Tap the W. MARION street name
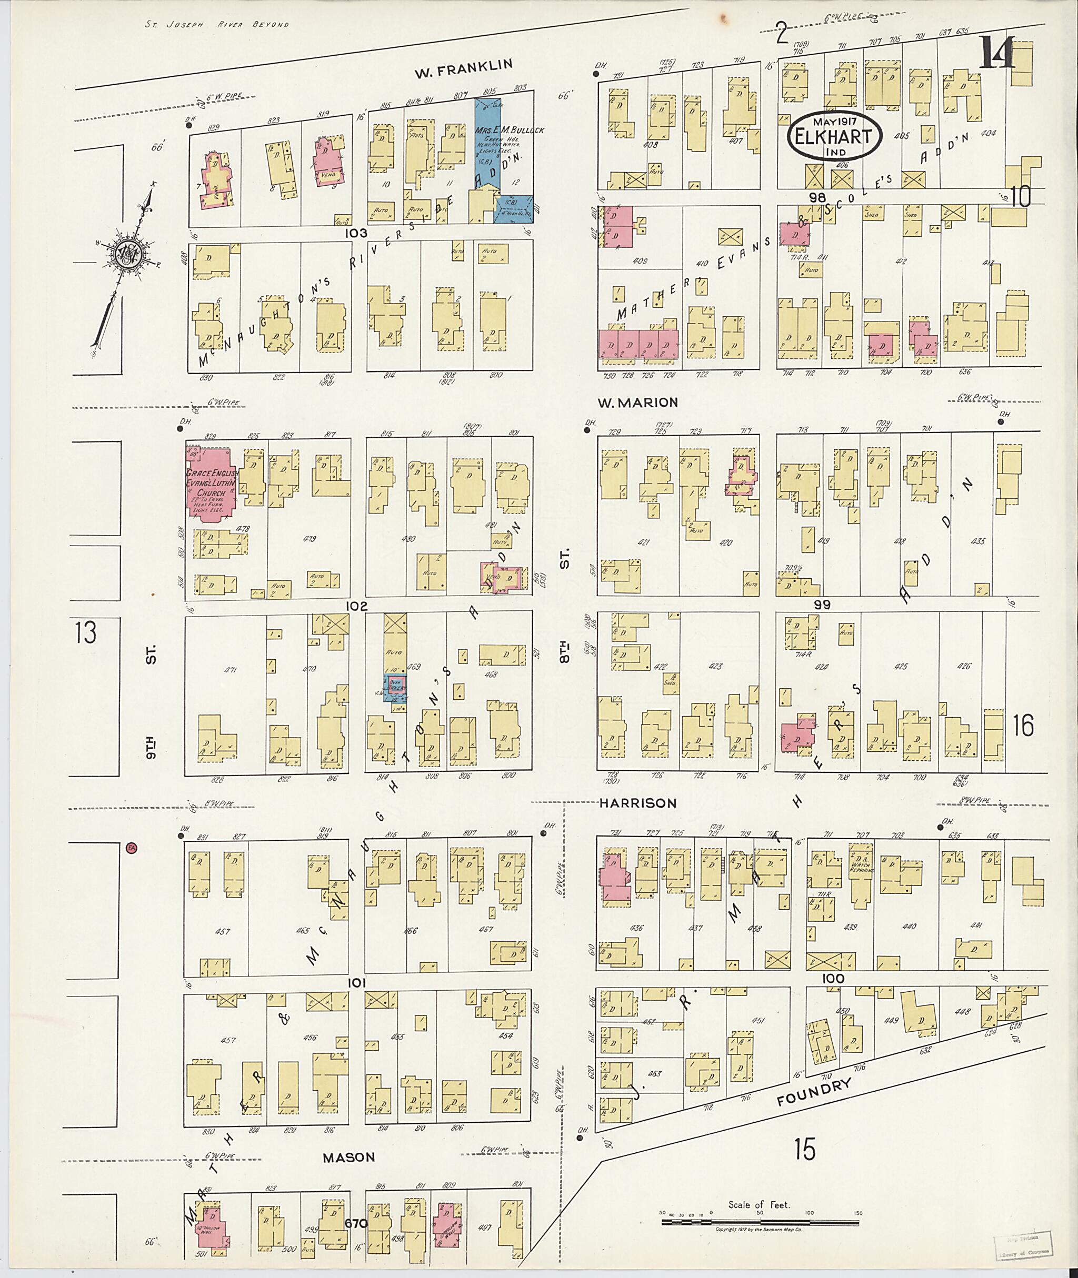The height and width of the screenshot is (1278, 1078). click(638, 402)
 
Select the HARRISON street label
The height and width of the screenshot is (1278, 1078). click(637, 803)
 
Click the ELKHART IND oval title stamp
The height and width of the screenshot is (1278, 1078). click(834, 136)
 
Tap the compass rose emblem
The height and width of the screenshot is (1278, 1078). click(129, 253)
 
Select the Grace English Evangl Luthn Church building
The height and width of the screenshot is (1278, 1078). click(208, 483)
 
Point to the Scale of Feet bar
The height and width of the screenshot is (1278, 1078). click(760, 1221)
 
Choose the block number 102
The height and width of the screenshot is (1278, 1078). click(356, 606)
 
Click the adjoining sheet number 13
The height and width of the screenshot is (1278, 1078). click(86, 632)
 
